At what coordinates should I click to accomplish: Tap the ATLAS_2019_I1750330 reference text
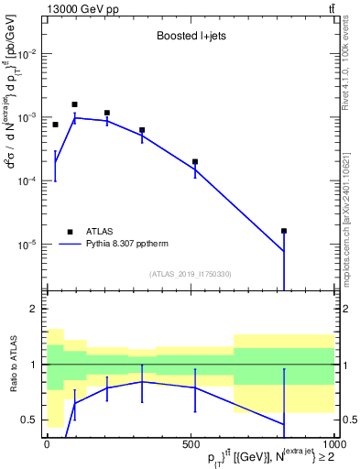tap(191, 273)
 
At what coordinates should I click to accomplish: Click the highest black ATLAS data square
tap(74, 104)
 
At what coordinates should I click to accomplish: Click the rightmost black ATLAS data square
tap(284, 231)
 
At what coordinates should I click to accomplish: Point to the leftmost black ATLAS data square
tap(55, 125)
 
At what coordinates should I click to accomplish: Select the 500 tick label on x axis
tap(191, 444)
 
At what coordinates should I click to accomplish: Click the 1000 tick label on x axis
tap(333, 444)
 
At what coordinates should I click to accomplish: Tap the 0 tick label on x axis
tap(47, 444)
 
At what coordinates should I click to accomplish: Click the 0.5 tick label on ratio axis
tap(28, 420)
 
